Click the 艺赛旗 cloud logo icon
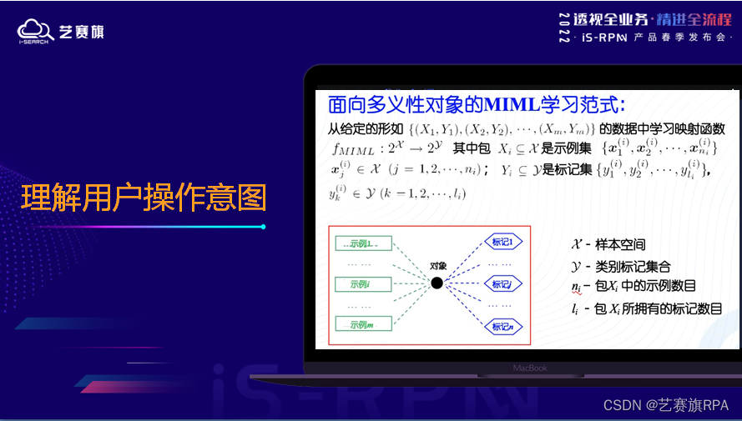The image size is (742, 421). [33, 31]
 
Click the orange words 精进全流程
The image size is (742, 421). [692, 19]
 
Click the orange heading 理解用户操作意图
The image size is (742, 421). [143, 198]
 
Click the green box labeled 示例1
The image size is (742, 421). [363, 243]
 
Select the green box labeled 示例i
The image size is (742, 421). [363, 284]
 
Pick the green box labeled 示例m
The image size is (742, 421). [363, 324]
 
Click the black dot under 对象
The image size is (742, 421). [437, 283]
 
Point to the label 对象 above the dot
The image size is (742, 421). [438, 266]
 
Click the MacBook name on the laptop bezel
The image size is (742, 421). [529, 368]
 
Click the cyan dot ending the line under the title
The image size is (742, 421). [263, 226]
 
